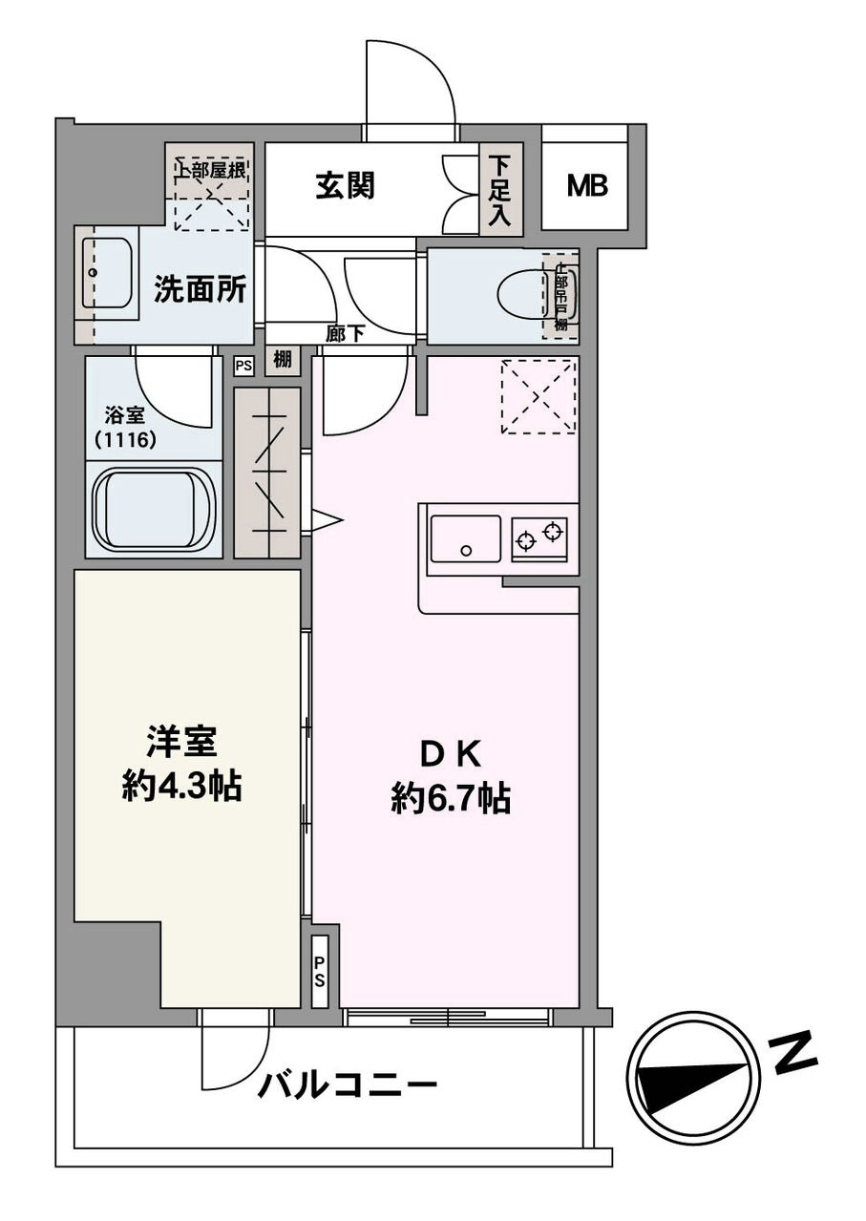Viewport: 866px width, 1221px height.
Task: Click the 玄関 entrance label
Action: [345, 186]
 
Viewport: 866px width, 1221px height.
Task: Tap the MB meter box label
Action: [587, 186]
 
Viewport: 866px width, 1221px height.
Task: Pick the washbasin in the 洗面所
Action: [106, 273]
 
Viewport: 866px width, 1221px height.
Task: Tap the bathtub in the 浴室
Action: [154, 508]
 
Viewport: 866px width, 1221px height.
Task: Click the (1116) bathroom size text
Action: [127, 440]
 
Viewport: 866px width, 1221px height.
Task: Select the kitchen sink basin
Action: [465, 539]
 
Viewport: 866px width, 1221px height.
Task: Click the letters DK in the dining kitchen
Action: [450, 755]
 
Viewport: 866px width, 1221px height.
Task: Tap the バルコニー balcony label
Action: [349, 1085]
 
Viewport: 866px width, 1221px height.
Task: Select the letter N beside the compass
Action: [794, 1053]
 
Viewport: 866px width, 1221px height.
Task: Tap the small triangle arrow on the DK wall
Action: [326, 520]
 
